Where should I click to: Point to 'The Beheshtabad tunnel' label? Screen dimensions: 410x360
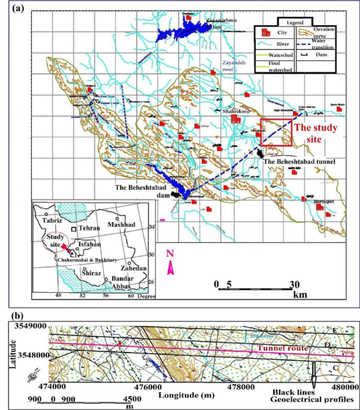(298, 162)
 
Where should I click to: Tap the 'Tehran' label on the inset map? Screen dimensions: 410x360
(89, 229)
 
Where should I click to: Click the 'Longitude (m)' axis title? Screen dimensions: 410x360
(189, 396)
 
